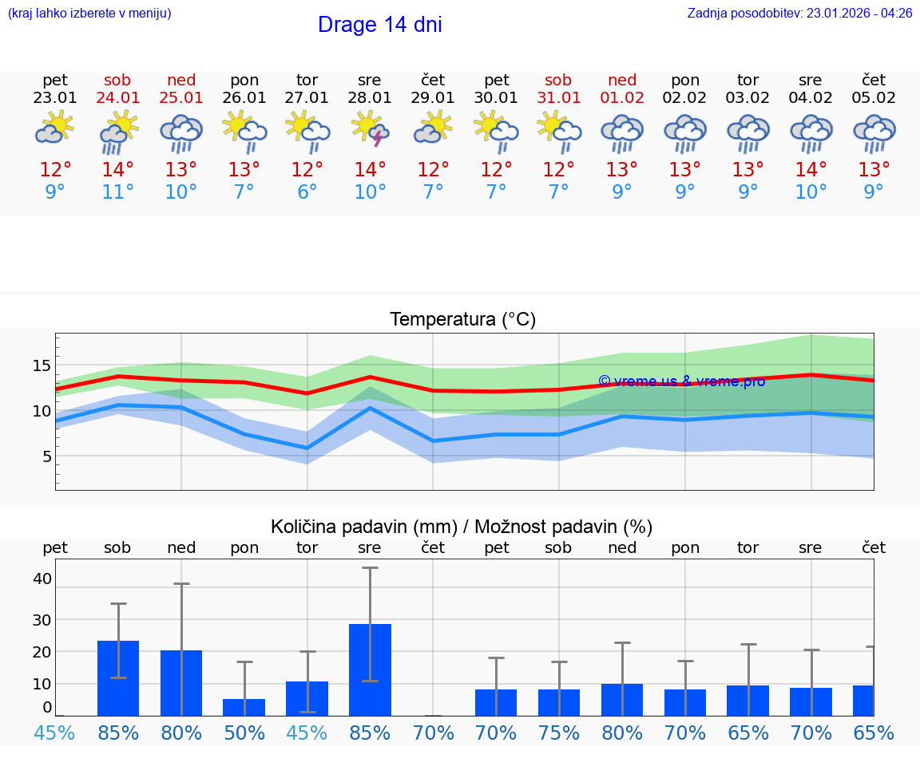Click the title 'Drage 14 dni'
379,25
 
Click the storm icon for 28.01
371,128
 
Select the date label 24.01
118,98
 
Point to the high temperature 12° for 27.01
307,169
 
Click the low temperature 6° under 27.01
307,192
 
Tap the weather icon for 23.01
55,128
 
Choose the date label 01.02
622,98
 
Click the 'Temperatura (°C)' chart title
462,320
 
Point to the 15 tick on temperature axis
41,365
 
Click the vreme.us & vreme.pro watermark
681,381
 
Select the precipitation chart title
462,527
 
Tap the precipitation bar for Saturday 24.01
118,677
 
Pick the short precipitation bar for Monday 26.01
244,707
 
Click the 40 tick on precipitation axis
42,579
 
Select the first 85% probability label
118,733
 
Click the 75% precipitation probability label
558,733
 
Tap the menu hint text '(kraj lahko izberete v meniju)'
89,14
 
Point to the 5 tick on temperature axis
46,456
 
